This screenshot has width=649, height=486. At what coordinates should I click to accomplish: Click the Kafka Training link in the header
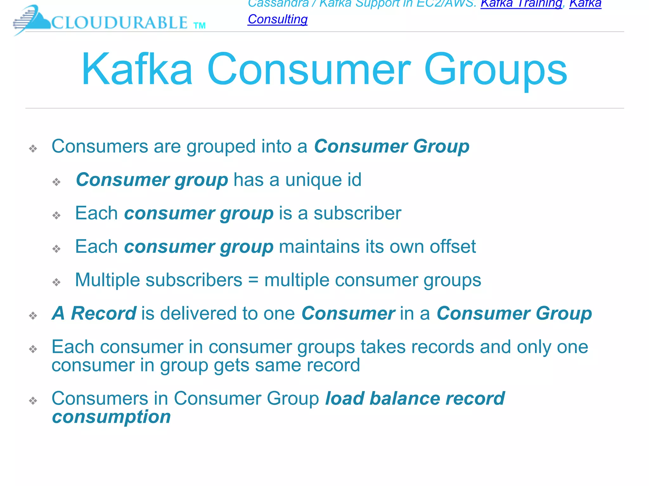521,4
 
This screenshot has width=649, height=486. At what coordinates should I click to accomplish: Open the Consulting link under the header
278,19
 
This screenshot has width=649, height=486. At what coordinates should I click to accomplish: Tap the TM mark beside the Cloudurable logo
200,26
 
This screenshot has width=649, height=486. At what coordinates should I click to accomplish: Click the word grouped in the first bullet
221,146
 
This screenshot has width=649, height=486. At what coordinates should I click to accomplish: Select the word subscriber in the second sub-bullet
357,213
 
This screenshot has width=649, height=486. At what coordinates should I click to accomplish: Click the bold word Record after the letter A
104,313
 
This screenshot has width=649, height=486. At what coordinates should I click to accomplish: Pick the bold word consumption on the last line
112,417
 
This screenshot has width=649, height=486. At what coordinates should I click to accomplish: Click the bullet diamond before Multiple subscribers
56,282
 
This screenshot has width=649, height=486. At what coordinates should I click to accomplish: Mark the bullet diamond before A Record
33,315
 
